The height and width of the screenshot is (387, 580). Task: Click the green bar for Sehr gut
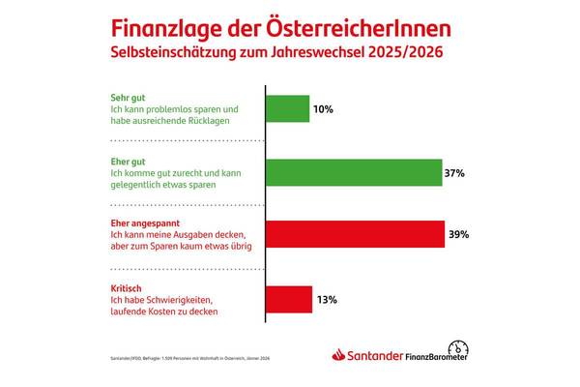point(286,109)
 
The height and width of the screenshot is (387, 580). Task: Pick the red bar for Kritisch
point(288,300)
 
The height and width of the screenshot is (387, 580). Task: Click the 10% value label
point(324,109)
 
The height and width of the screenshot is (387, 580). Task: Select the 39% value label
point(460,233)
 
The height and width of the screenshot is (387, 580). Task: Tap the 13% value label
point(326,300)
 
